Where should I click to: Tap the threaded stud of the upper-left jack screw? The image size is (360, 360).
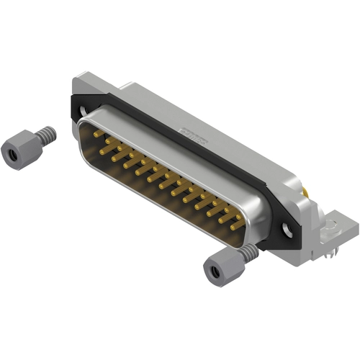[x=45, y=134]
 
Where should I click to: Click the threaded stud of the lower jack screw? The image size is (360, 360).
[x=248, y=252]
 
